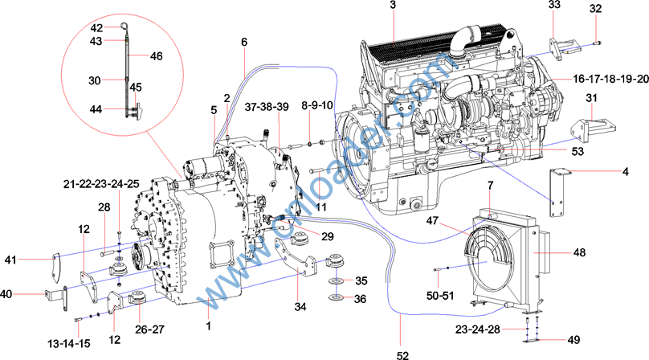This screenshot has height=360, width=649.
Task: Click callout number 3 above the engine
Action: point(393,6)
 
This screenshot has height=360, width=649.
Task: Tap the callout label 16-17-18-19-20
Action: point(610,80)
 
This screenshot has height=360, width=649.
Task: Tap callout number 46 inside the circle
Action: point(156,56)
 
